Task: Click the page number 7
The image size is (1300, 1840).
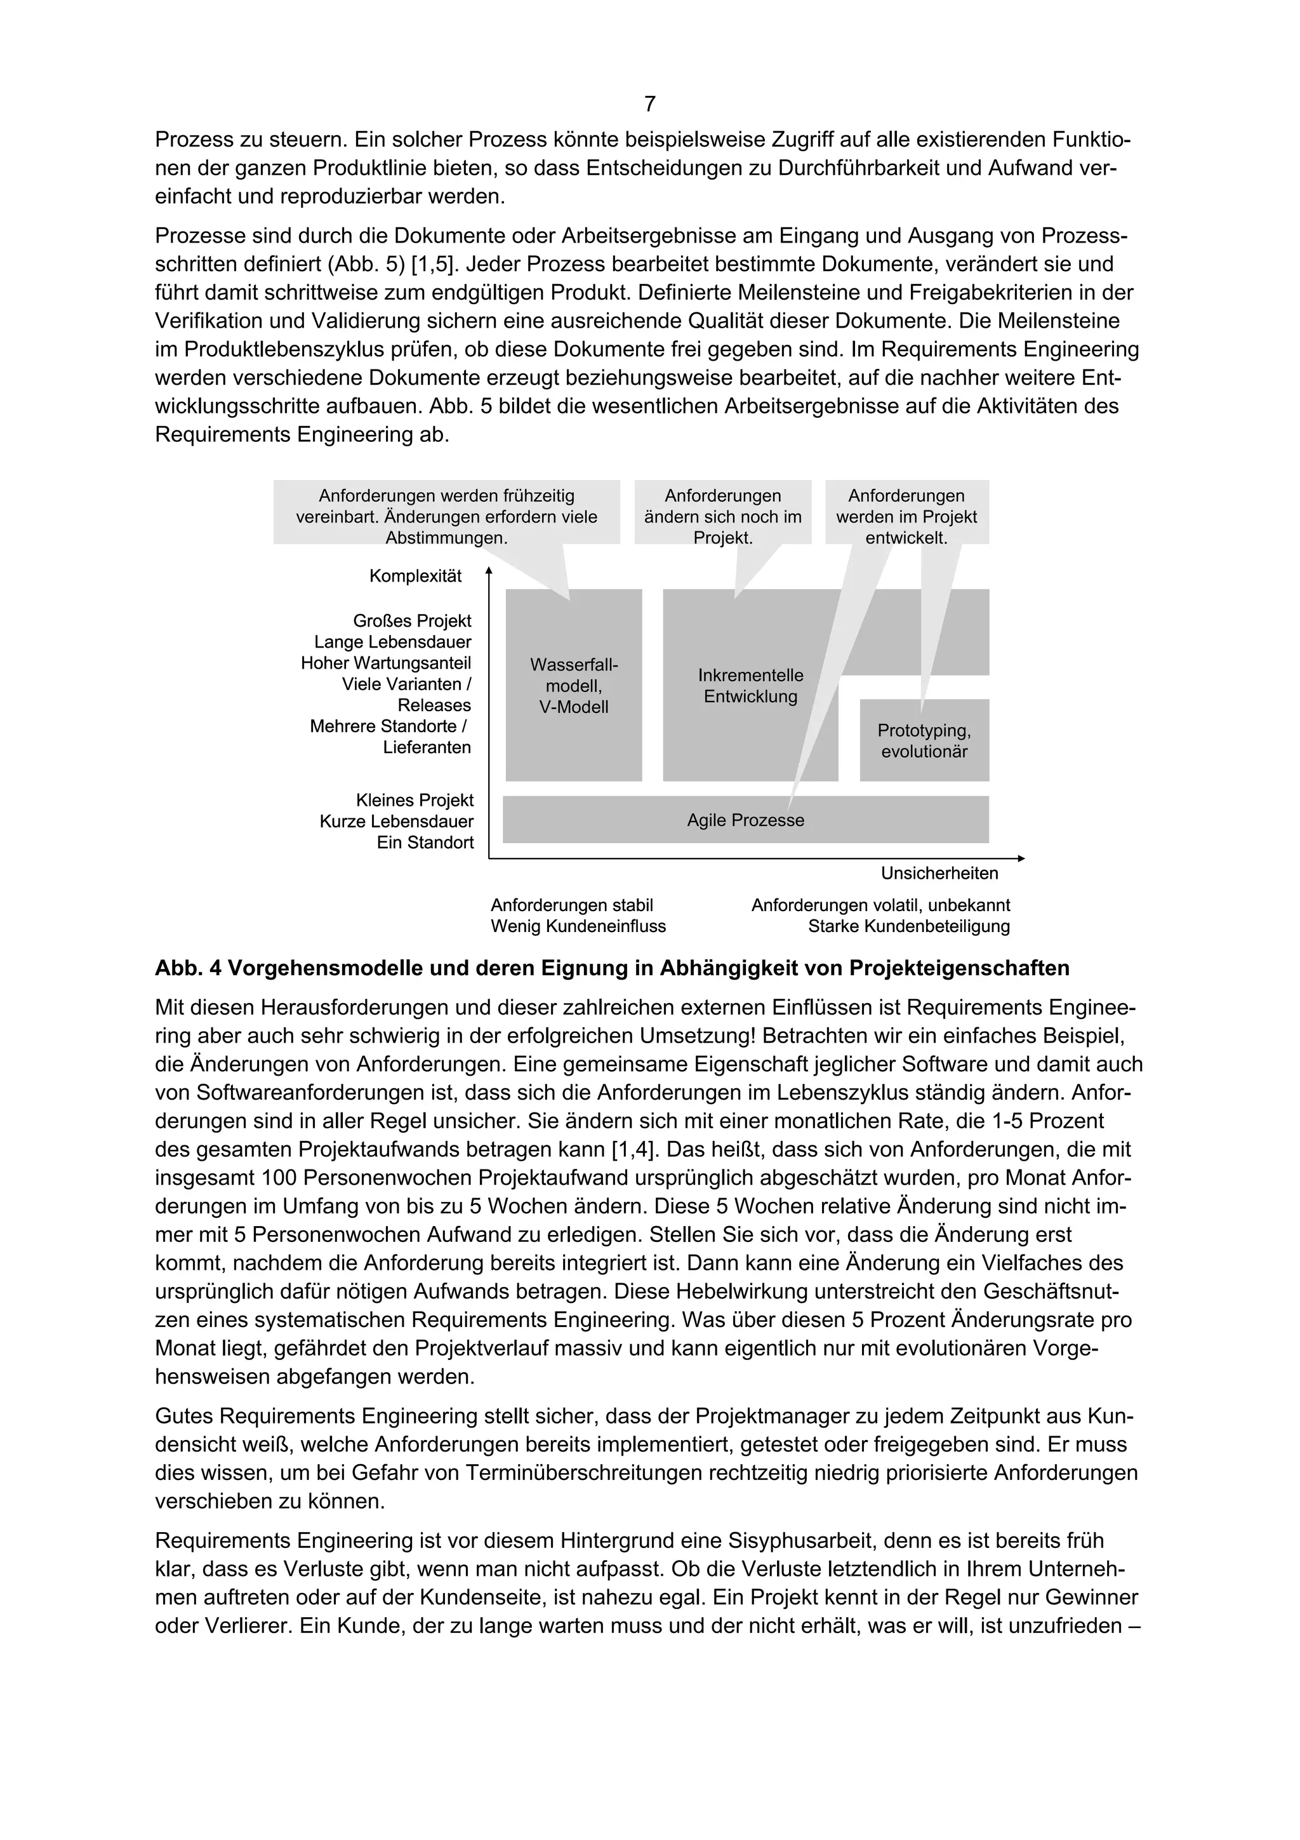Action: coord(649,104)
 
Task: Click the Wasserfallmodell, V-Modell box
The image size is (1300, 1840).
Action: coord(573,686)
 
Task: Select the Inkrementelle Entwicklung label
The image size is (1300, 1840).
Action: coord(750,686)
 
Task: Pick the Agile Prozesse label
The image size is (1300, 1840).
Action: coord(745,820)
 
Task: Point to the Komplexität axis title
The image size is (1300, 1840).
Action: coord(415,577)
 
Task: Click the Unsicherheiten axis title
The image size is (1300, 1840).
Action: coord(939,874)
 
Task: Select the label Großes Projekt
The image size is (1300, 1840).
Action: coord(412,621)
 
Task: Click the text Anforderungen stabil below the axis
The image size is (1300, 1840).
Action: coord(572,905)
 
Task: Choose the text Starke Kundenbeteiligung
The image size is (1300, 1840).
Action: coord(908,927)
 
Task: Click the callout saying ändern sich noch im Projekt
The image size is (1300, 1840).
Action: coord(722,517)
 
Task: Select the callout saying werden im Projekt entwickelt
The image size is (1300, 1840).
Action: coord(906,517)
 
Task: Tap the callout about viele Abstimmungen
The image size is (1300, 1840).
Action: coord(446,517)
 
